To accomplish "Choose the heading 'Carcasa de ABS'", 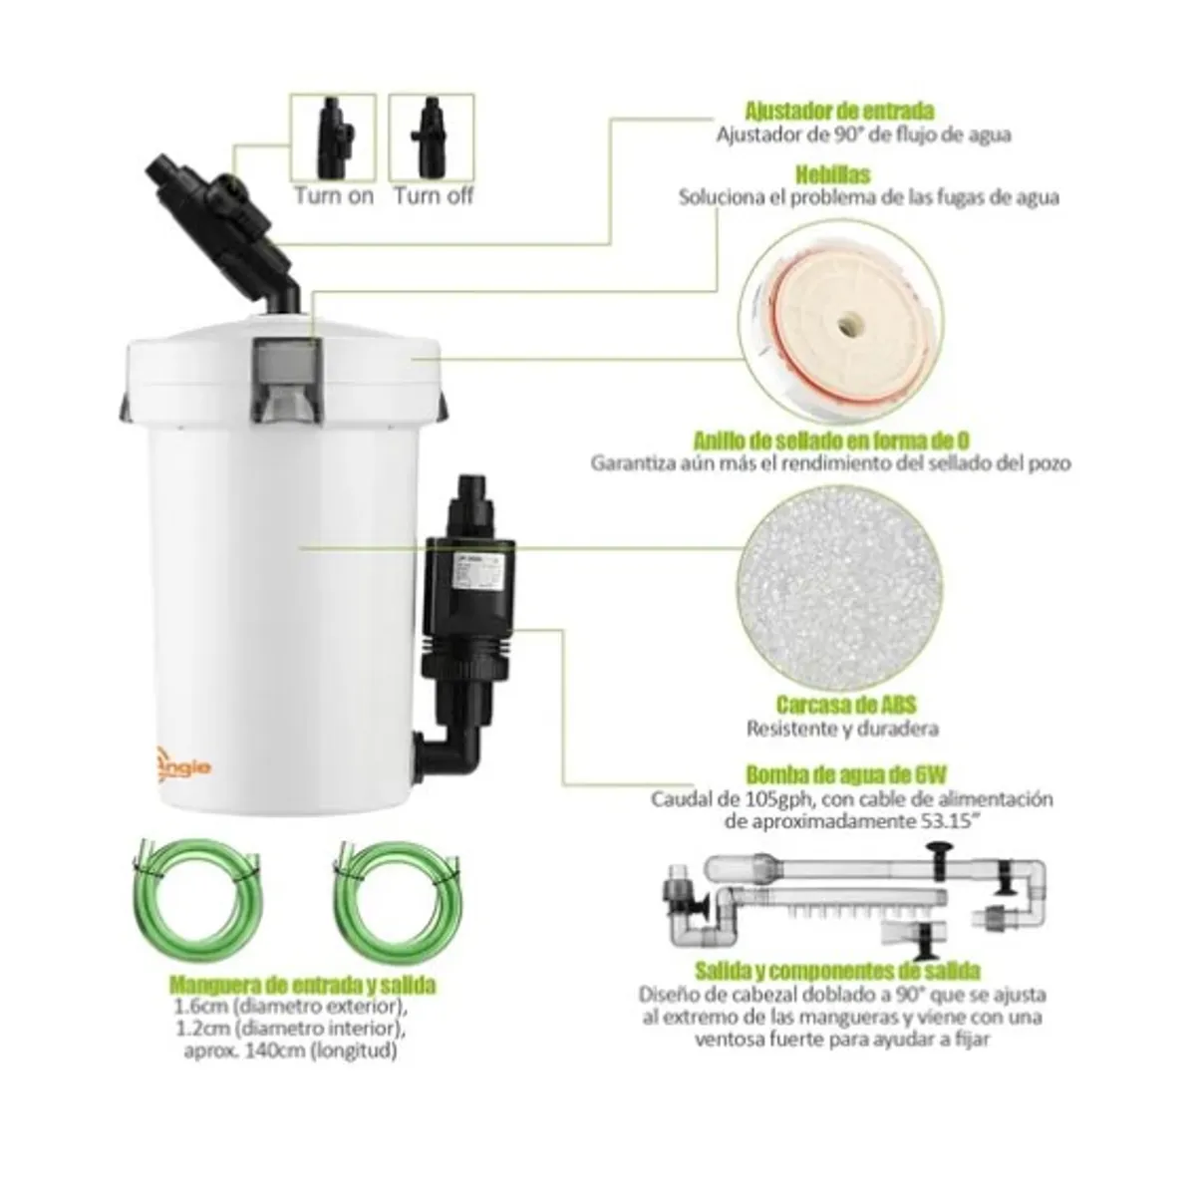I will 842,706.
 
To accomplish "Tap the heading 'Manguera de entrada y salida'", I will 303,986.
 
